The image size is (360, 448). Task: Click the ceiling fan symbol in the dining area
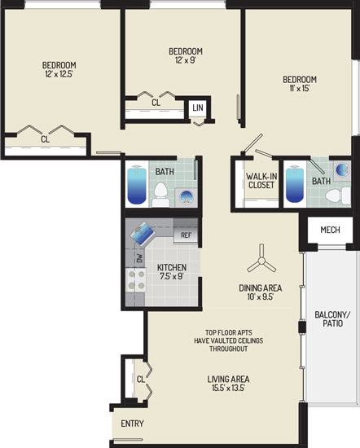[261, 261]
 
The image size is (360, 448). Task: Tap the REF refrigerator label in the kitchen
[186, 235]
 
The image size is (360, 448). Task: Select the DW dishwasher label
[139, 258]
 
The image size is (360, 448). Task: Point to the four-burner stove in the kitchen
[136, 280]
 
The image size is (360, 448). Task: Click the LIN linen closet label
[198, 108]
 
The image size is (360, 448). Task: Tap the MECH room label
[330, 230]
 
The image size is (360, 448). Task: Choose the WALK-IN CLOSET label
[261, 181]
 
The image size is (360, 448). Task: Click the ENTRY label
[132, 424]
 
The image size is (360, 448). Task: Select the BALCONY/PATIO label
[332, 318]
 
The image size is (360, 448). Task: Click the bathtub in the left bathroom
[137, 185]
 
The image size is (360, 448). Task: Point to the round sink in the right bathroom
[342, 169]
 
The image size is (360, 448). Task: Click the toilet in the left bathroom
[160, 195]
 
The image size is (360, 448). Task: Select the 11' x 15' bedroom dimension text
[300, 88]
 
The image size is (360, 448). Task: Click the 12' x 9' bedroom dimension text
[186, 60]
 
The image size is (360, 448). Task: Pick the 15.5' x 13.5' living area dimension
[228, 388]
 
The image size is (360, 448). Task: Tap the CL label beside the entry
[141, 379]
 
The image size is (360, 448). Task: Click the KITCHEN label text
[172, 267]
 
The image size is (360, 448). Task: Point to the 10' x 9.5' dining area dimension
[261, 296]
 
